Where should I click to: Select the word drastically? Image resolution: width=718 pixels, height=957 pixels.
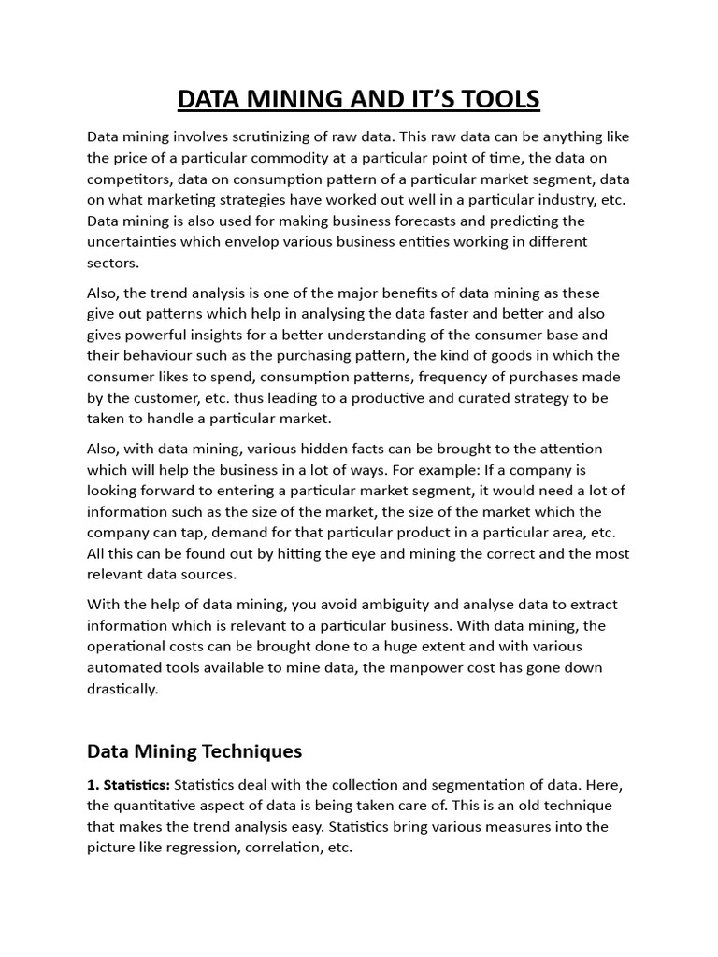(x=122, y=689)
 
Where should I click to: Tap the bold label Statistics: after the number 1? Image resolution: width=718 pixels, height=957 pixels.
(x=135, y=784)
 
